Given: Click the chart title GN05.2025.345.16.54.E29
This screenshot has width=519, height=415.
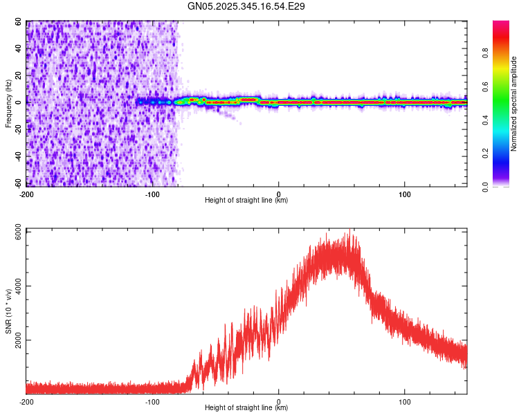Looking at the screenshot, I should click(x=246, y=6).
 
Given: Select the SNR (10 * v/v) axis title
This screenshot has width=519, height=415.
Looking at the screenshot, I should click(x=8, y=311).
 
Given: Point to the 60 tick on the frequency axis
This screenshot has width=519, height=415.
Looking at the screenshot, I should click(x=19, y=22).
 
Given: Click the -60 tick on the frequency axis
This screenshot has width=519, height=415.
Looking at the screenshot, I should click(x=17, y=183).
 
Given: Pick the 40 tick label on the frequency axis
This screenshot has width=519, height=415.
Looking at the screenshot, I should click(x=19, y=49).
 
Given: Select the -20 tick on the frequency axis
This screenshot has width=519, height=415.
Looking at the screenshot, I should click(x=17, y=129).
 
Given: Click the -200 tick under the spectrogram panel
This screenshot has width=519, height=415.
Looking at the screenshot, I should click(x=26, y=194).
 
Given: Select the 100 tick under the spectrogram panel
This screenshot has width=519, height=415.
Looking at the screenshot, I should click(x=405, y=194).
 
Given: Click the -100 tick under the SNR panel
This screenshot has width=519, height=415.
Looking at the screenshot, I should click(x=152, y=402).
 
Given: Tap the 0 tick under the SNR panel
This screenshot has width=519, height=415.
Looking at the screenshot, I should click(x=279, y=402).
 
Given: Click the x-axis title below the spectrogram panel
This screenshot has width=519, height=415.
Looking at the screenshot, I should click(x=246, y=201).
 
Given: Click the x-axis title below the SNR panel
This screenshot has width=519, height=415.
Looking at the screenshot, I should click(x=246, y=409).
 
